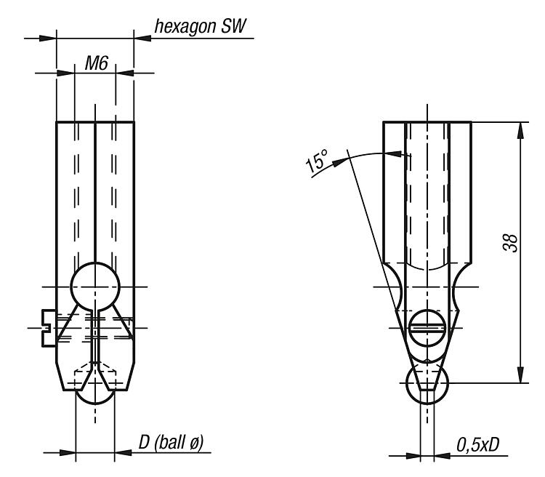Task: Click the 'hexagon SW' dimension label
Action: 201,26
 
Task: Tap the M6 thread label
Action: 97,63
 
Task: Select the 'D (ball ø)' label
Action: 171,443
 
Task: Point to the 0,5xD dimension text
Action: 477,445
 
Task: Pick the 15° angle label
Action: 316,161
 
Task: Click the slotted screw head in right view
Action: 427,328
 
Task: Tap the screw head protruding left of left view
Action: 49,328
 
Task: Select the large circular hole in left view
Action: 95,286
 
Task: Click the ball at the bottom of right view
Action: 427,383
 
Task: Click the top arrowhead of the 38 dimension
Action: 520,131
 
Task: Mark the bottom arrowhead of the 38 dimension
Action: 520,374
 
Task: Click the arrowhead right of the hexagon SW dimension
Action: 142,38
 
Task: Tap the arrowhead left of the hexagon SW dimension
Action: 48,38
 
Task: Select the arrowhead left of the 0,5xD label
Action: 412,455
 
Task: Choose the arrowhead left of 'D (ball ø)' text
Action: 67,453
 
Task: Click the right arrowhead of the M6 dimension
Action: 124,73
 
